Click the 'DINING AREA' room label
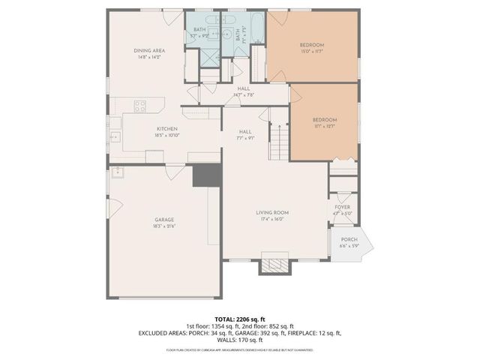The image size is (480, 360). point(150,50)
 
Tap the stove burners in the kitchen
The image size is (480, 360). point(139,106)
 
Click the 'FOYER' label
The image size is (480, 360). point(342,207)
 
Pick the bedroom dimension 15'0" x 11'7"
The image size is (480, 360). point(311,52)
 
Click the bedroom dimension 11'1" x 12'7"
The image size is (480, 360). point(324,127)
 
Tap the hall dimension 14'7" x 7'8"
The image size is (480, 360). point(244,95)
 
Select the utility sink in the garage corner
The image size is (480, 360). point(117,173)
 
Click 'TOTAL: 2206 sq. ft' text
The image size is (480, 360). point(239,317)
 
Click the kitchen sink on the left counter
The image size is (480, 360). point(115,137)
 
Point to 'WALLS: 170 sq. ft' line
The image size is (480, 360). point(240,339)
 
